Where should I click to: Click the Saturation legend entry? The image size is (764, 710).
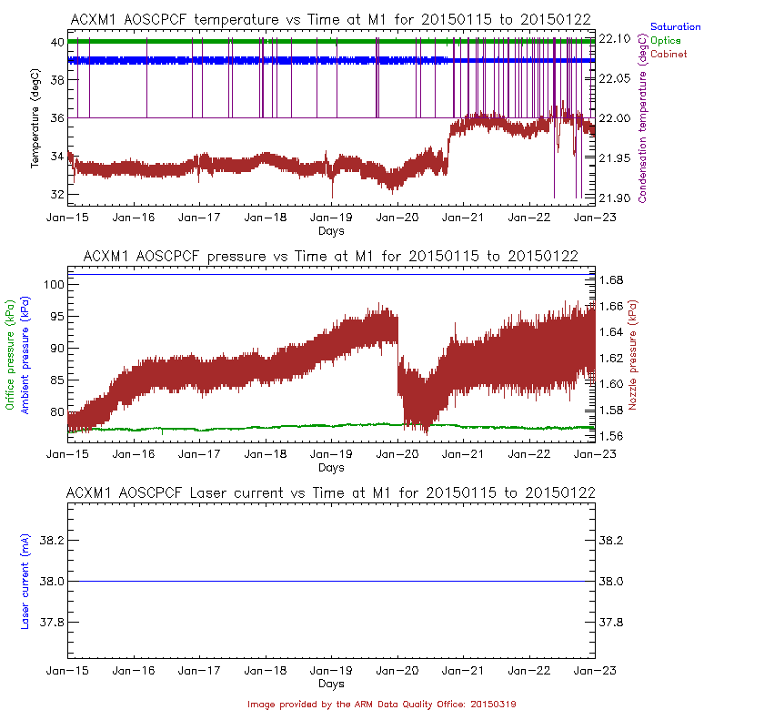point(676,27)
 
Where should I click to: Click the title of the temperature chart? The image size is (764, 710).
point(331,20)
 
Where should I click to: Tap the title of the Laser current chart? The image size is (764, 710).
point(331,492)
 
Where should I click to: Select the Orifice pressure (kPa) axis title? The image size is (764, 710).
point(11,354)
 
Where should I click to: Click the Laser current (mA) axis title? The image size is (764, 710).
point(25,582)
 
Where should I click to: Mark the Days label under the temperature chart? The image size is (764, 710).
point(331,231)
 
